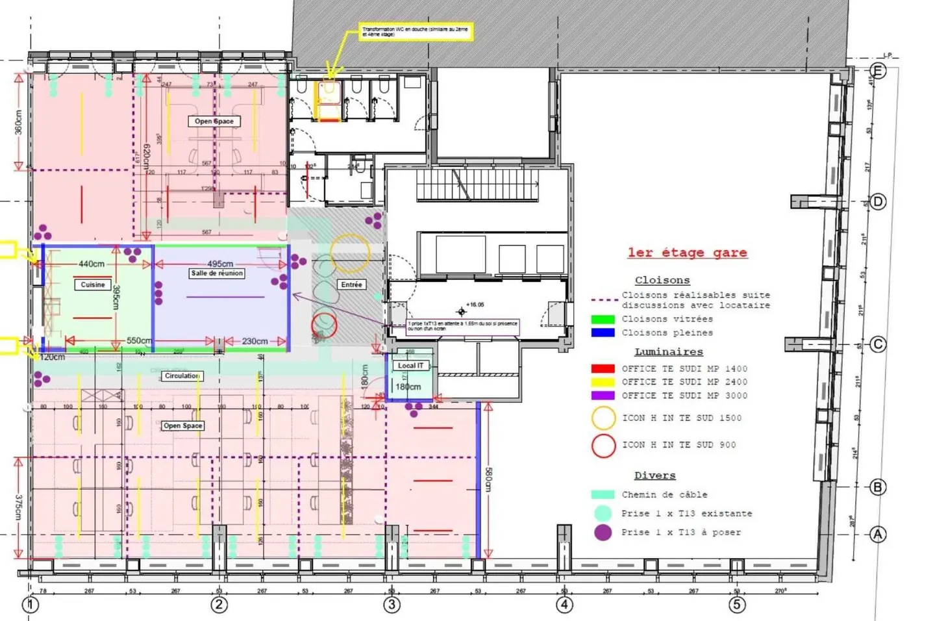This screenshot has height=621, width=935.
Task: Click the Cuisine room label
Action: point(92,285)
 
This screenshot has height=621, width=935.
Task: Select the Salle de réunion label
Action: point(217,273)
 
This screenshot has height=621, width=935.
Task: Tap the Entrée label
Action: point(351,285)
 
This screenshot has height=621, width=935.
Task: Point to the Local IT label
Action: point(410,366)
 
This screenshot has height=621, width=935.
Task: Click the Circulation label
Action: point(182,376)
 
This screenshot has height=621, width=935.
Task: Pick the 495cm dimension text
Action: point(220,264)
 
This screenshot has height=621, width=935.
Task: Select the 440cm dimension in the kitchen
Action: point(92,264)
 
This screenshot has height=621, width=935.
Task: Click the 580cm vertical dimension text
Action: point(489,479)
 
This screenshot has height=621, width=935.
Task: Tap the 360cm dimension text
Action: point(18,121)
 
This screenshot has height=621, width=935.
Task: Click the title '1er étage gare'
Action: point(687,253)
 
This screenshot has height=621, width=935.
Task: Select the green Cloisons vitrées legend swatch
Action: point(603,320)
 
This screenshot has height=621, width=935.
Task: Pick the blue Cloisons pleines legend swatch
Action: point(603,333)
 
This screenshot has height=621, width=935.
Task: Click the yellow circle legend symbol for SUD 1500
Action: point(603,418)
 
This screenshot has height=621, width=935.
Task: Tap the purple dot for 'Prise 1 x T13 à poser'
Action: point(603,533)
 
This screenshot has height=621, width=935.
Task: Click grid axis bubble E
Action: point(878,71)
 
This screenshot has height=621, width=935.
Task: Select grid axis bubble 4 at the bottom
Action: point(564,605)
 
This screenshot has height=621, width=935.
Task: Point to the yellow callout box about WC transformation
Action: point(416,32)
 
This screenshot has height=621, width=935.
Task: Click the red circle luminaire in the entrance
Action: point(324,325)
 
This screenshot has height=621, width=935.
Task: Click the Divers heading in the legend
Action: point(654,475)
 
